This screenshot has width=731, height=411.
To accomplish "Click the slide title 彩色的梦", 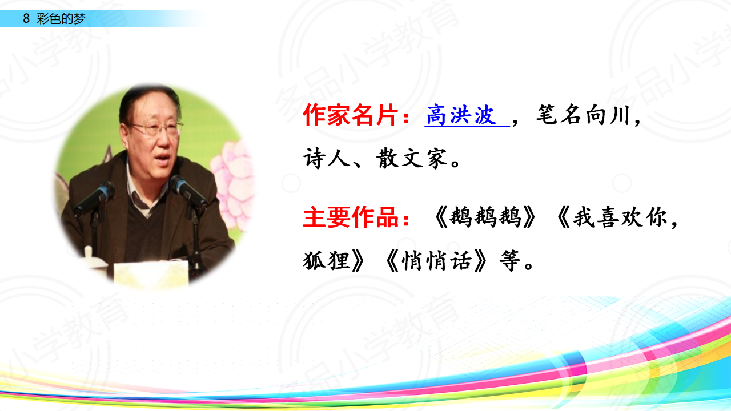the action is coord(61,19).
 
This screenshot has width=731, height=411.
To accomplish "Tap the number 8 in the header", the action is coord(26,19).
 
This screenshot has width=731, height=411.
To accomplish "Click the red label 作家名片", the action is coord(351,115).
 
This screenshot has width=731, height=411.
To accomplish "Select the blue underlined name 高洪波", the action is coord(461,115).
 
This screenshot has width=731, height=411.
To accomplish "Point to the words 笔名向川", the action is coord(583,115).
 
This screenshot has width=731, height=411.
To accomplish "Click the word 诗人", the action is coord(327,158).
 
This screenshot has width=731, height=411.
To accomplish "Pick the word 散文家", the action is coord(412,158).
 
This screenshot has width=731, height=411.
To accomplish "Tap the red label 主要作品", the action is coord(351,217).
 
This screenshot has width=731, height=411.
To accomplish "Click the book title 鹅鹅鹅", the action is coord(485,217).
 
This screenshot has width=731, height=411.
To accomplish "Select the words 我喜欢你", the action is coord(620,217).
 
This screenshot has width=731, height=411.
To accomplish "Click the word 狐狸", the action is coord(327,260).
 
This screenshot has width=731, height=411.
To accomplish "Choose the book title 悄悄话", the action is coord(437,260).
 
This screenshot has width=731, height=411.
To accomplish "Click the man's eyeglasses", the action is coord(156,128).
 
